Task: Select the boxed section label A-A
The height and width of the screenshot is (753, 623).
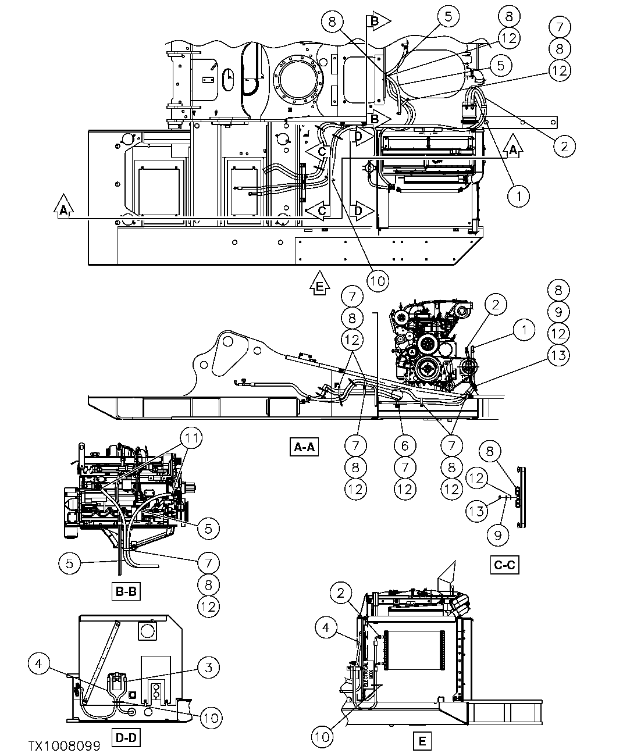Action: tap(304, 447)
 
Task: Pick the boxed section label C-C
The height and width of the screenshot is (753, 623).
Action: tap(504, 565)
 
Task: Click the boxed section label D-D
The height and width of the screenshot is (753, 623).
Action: tap(126, 738)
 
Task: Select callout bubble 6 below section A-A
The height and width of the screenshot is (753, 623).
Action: tap(405, 446)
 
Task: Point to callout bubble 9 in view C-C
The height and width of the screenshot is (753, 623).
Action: tap(498, 534)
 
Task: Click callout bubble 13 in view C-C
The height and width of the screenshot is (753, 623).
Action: tap(478, 512)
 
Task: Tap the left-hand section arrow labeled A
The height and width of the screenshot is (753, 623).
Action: tap(63, 208)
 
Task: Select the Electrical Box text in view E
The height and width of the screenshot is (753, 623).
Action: tap(366, 676)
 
